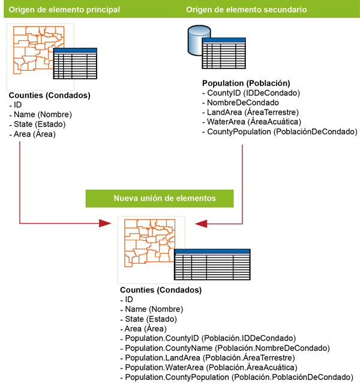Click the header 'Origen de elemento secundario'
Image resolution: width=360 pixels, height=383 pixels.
coord(247,10)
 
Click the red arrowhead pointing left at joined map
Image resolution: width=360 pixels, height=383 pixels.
coord(200,224)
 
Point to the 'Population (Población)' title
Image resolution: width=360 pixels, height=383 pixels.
coord(246,83)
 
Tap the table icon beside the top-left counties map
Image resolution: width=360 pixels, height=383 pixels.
coord(75,64)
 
